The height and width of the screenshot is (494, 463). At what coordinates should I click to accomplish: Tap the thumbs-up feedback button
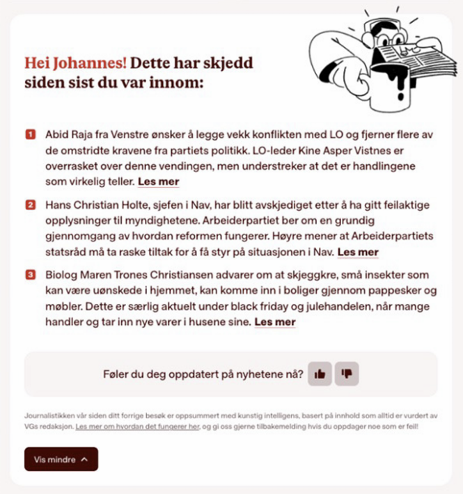tap(320, 374)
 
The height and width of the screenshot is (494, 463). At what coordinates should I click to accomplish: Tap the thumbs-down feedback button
tap(346, 374)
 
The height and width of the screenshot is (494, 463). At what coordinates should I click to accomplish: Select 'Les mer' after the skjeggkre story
tap(275, 322)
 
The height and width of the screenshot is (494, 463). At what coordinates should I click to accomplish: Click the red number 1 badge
tap(31, 132)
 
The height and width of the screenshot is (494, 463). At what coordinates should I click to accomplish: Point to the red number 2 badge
tap(31, 205)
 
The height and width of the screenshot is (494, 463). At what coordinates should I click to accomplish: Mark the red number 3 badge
tap(31, 275)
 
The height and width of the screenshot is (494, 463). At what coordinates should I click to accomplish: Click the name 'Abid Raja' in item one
tap(69, 132)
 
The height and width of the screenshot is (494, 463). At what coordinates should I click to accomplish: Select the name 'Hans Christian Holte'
tap(96, 205)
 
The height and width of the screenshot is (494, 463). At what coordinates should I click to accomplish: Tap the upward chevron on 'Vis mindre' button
tap(84, 459)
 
